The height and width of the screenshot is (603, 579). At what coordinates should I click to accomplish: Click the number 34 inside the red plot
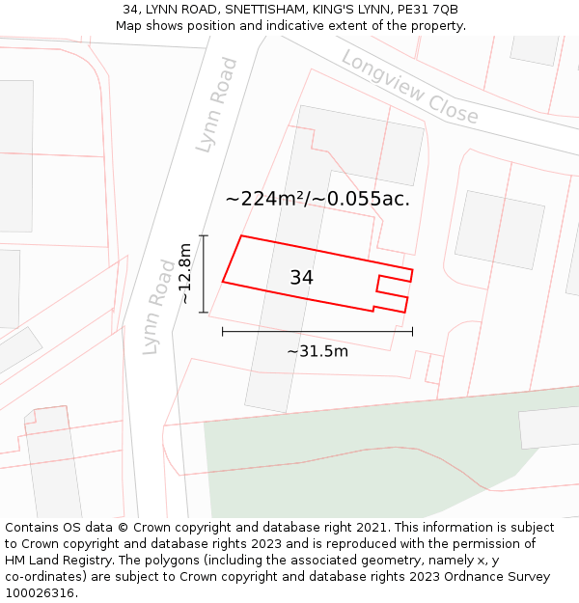pyautogui.click(x=301, y=278)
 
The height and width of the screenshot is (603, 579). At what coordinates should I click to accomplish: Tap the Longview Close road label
pyautogui.click(x=410, y=87)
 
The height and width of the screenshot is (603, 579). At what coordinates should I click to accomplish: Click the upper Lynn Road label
pyautogui.click(x=216, y=104)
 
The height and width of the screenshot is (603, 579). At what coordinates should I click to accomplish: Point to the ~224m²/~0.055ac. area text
pyautogui.click(x=317, y=199)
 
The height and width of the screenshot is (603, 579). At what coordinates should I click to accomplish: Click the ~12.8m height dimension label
pyautogui.click(x=185, y=274)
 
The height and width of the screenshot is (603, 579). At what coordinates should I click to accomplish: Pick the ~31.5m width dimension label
pyautogui.click(x=317, y=351)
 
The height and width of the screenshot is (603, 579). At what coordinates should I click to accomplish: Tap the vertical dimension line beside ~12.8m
pyautogui.click(x=204, y=274)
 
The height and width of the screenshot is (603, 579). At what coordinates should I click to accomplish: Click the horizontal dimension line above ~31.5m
pyautogui.click(x=317, y=331)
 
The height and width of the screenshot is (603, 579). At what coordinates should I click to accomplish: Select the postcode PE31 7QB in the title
pyautogui.click(x=427, y=10)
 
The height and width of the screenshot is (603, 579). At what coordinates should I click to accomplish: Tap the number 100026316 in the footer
pyautogui.click(x=41, y=593)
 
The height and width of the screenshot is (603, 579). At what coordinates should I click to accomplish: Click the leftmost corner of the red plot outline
pyautogui.click(x=223, y=282)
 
